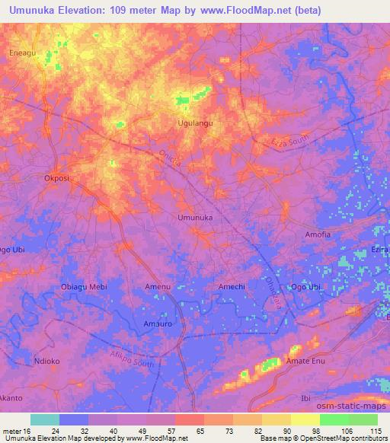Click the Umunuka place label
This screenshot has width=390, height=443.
(x=194, y=218)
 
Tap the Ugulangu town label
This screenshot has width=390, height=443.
(x=194, y=122)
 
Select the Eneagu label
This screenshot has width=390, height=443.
(x=22, y=53)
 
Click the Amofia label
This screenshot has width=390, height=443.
(x=318, y=234)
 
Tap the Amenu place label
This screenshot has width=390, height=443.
(x=157, y=286)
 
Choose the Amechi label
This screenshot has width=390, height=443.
(x=232, y=286)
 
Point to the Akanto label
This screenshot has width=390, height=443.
(x=11, y=398)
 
